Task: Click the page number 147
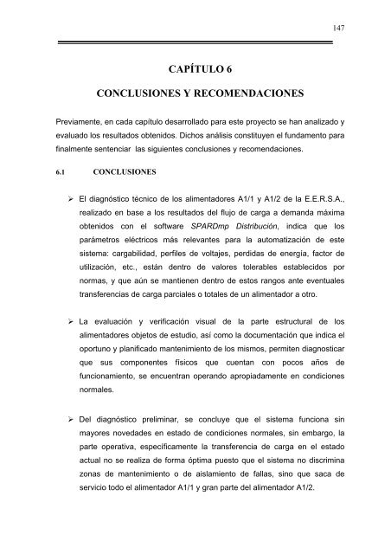coord(340,28)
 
